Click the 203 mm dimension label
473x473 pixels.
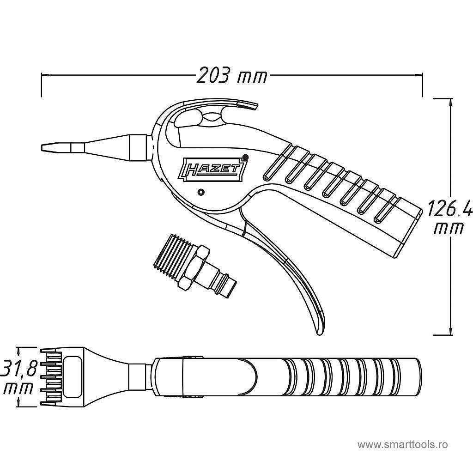tap(232, 75)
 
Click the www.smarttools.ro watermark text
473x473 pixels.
tap(403, 445)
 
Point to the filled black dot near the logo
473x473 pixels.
tap(245, 158)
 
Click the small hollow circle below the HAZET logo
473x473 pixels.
tap(200, 192)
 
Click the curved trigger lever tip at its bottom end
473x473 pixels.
tap(319, 330)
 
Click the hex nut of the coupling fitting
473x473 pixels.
tap(194, 269)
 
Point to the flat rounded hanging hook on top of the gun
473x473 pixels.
tap(245, 105)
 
